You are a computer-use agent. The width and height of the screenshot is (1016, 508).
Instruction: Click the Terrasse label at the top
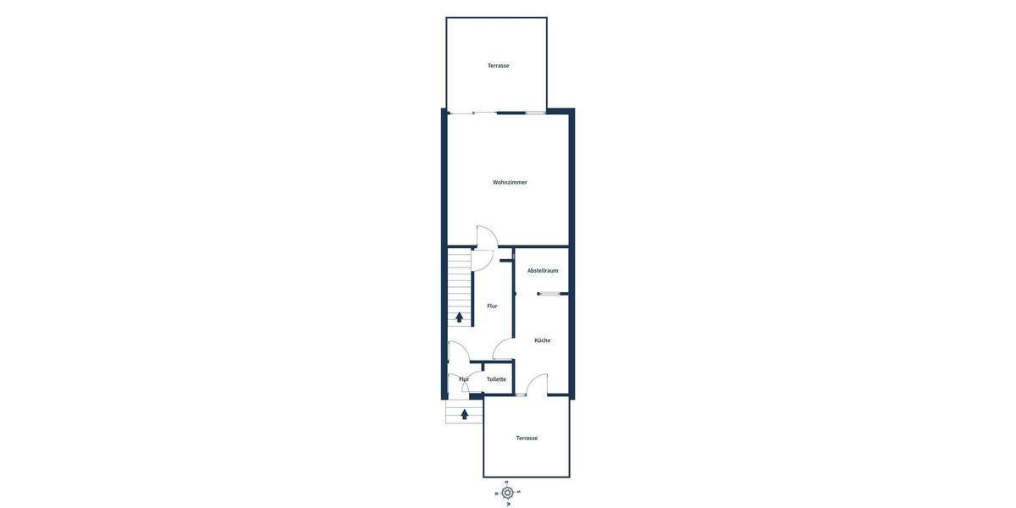click(498, 65)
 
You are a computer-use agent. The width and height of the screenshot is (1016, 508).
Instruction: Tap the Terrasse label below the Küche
click(527, 438)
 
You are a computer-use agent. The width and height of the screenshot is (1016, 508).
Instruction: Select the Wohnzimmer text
click(510, 182)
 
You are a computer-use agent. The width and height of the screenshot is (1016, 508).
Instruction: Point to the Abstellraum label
click(543, 271)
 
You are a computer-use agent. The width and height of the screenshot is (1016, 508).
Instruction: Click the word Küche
click(542, 340)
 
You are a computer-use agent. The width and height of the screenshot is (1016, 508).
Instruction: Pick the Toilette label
click(496, 379)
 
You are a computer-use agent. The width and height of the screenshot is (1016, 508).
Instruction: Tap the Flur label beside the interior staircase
click(492, 306)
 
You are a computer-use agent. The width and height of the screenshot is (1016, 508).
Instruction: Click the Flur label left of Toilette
click(463, 379)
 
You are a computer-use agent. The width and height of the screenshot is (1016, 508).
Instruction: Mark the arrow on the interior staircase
click(460, 317)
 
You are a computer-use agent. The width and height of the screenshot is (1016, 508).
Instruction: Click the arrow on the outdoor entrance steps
click(464, 414)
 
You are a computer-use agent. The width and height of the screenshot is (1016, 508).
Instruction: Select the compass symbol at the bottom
click(507, 493)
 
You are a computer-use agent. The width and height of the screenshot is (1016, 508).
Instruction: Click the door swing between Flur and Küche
click(502, 349)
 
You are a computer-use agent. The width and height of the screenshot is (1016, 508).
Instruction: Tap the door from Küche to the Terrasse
click(537, 385)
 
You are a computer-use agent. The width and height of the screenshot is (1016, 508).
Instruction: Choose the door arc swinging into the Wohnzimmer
click(487, 236)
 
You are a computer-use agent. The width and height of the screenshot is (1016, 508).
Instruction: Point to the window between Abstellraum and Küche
click(552, 294)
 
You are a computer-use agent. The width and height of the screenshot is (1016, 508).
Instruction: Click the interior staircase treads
click(459, 284)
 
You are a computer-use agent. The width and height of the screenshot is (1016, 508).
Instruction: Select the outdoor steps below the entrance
click(464, 411)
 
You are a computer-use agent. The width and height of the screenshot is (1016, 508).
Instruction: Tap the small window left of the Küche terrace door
click(520, 395)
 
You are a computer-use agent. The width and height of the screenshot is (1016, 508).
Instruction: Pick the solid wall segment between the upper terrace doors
click(511, 113)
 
